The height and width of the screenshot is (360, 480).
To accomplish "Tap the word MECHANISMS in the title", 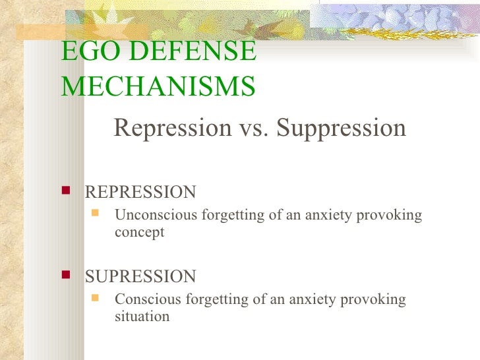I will point(158,86).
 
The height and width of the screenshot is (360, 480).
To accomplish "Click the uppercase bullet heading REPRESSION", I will point(140,193).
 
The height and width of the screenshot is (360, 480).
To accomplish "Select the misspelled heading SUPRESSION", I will point(140,276).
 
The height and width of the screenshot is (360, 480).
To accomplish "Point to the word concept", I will point(139,233).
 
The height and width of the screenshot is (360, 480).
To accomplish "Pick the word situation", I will point(142,316).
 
